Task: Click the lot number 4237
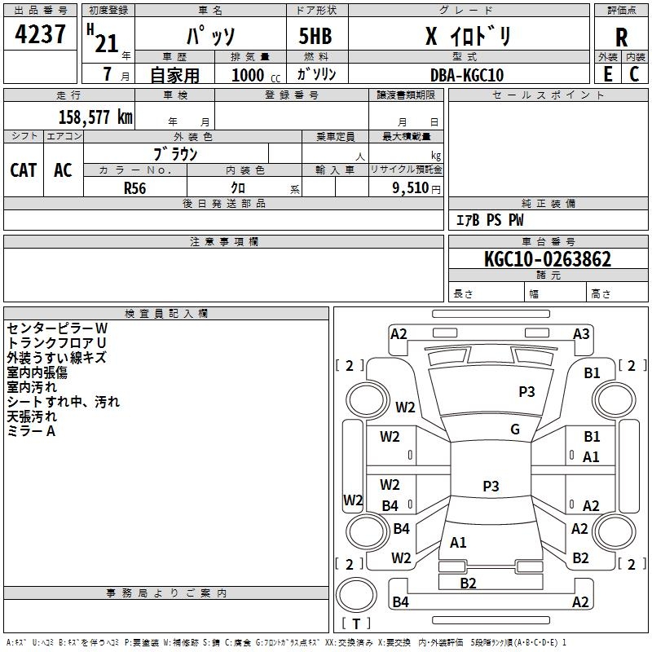[41, 34]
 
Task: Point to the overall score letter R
[621, 36]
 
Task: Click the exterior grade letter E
[607, 74]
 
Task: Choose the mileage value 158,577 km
[95, 117]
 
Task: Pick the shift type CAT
[24, 170]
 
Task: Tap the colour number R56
[135, 187]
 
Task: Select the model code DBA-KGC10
[466, 75]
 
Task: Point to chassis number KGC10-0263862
[547, 260]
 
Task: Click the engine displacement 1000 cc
[249, 75]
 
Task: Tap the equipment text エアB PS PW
[489, 220]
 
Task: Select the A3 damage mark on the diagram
[581, 334]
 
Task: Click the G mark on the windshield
[515, 430]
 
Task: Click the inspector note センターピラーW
[57, 328]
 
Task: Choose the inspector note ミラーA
[31, 431]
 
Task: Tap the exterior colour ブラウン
[176, 153]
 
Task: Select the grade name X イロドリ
[469, 37]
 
